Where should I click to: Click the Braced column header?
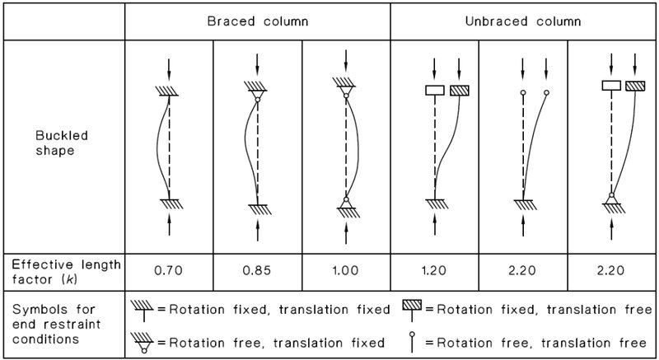point(258,21)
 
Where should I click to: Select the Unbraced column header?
point(523,21)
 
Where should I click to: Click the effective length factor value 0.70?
point(169,270)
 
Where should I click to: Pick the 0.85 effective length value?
point(257,270)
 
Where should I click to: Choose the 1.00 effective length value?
point(345,270)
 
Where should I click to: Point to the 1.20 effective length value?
point(434,270)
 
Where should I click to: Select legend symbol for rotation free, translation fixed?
point(143,343)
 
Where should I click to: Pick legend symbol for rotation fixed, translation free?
point(412,311)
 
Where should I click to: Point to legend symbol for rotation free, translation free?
point(412,343)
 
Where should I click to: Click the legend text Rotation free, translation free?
point(542,344)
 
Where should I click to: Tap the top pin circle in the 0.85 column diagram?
point(257,99)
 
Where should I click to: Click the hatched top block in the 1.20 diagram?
point(460,91)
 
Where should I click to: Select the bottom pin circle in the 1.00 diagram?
point(346,199)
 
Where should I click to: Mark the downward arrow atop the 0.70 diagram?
point(169,69)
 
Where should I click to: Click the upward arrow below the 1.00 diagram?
point(346,232)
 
